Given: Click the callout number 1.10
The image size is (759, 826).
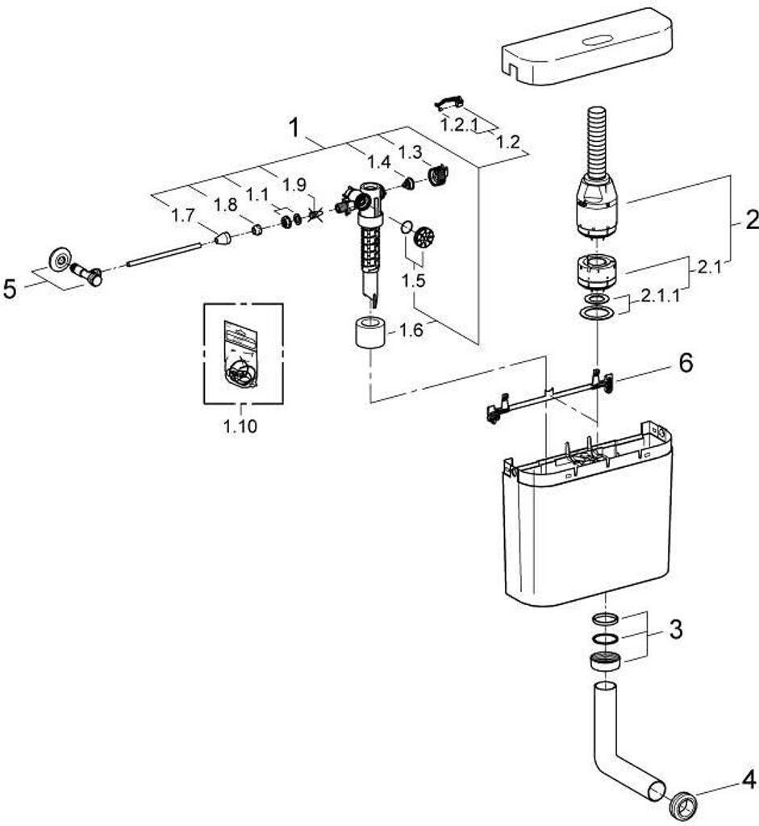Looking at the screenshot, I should tap(240, 427).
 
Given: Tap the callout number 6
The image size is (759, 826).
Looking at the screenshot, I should tap(685, 364).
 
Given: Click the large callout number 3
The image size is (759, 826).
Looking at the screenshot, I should tap(675, 629).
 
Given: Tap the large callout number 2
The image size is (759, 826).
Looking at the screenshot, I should tap(751, 219).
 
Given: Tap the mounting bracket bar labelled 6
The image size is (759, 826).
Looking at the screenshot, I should tap(548, 398).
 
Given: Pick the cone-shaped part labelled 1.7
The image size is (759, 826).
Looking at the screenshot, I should tap(223, 238).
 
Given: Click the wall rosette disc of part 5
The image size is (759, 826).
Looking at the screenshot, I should tap(59, 257).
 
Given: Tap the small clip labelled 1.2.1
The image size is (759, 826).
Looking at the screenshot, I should tap(448, 102).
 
